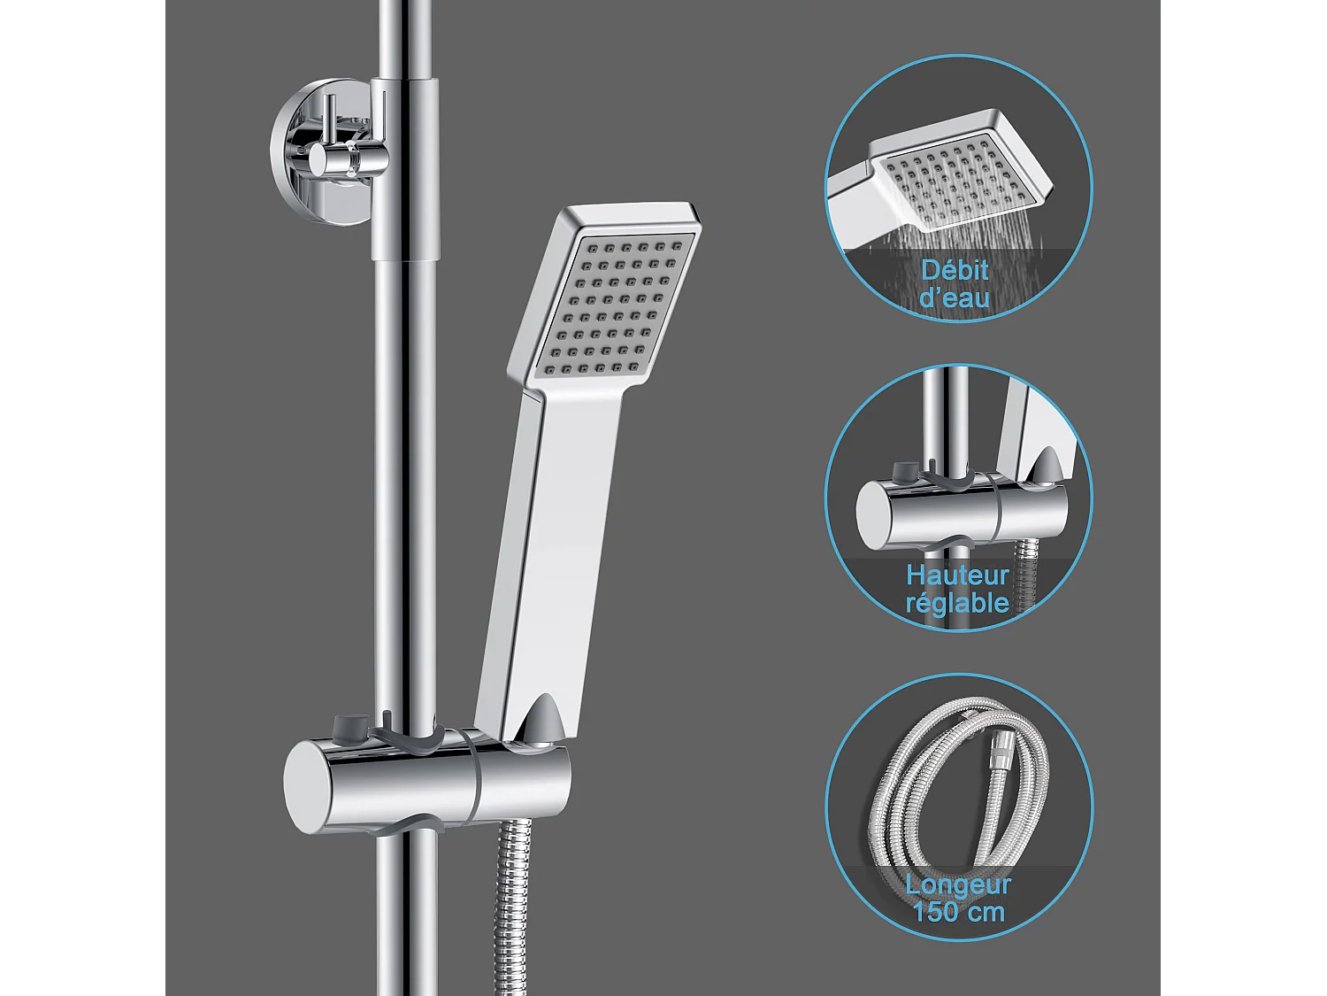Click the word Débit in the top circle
955,270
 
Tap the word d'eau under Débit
955,297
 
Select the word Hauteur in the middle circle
957,576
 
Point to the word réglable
957,604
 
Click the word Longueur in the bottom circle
958,884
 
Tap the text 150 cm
958,912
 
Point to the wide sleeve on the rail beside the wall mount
404,168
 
